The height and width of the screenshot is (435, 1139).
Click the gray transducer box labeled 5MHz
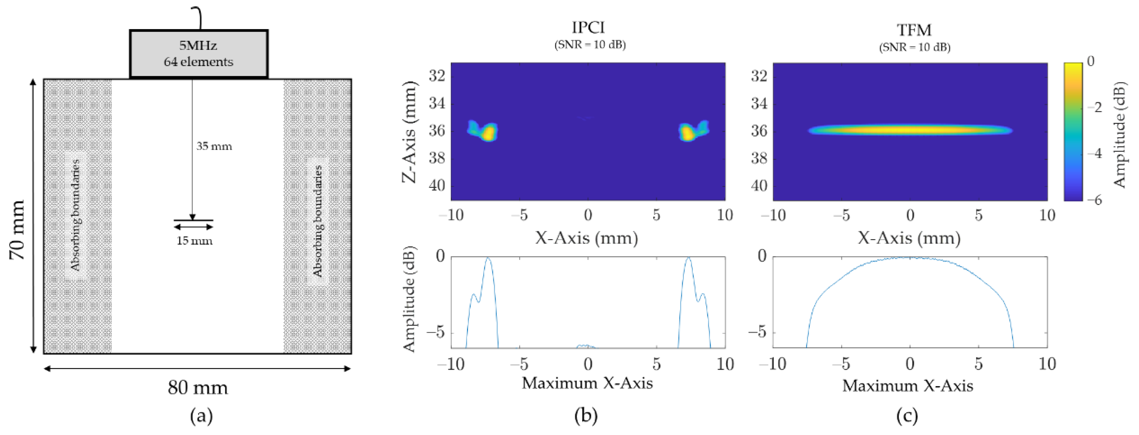199,54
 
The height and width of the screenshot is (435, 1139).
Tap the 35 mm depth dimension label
214,146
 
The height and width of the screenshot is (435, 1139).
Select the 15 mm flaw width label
194,241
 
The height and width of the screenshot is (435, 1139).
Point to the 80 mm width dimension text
198,388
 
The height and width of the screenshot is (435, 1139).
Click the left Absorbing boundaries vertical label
76,215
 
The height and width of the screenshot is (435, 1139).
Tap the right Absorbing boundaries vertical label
318,221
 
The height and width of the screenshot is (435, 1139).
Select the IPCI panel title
588,28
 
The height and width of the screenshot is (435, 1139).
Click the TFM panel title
914,30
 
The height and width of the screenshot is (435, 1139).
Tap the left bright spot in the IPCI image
488,133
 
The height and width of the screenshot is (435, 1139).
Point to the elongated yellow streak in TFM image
910,130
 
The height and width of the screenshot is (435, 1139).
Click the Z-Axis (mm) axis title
410,132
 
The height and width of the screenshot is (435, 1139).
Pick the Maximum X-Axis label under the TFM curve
907,386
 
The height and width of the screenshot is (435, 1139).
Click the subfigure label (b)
586,416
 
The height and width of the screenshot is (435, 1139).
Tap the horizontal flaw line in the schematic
193,220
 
